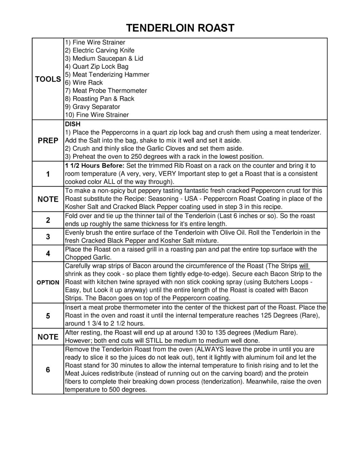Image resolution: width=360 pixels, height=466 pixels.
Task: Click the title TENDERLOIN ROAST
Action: click(180, 28)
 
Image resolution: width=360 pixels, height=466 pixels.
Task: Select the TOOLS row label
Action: click(48, 79)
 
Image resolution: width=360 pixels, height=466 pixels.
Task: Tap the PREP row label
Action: click(48, 141)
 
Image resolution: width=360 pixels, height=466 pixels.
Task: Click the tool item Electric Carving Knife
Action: click(100, 50)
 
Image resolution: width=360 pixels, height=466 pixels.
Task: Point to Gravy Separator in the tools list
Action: click(93, 107)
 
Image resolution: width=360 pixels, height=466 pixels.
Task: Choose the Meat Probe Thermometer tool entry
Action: click(106, 91)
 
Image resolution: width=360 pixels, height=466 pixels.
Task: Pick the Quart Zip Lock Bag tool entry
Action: click(97, 66)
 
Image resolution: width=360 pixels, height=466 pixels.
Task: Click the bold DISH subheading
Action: click(73, 124)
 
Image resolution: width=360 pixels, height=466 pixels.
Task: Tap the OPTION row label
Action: click(48, 283)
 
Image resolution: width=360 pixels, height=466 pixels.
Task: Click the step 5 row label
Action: click(48, 316)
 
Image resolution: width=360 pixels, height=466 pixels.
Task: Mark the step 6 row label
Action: click(48, 370)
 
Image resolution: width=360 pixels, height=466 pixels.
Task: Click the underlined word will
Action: click(304, 266)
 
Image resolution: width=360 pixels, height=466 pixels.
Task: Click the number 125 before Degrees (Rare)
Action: click(266, 315)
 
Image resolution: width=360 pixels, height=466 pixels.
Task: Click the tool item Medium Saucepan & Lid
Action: click(104, 58)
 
